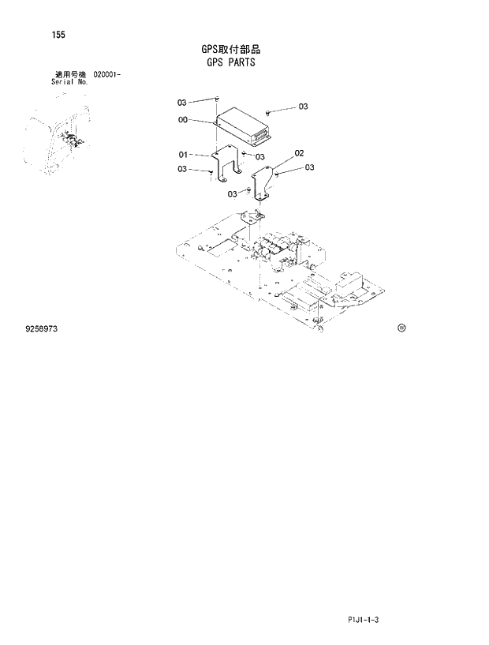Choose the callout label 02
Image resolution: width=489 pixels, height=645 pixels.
299,152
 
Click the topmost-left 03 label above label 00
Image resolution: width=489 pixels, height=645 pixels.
182,103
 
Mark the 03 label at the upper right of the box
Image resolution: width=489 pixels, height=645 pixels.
303,107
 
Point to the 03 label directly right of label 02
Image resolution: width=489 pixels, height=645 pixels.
309,167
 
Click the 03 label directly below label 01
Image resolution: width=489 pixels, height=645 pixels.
182,169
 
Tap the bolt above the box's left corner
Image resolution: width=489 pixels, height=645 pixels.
216,100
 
